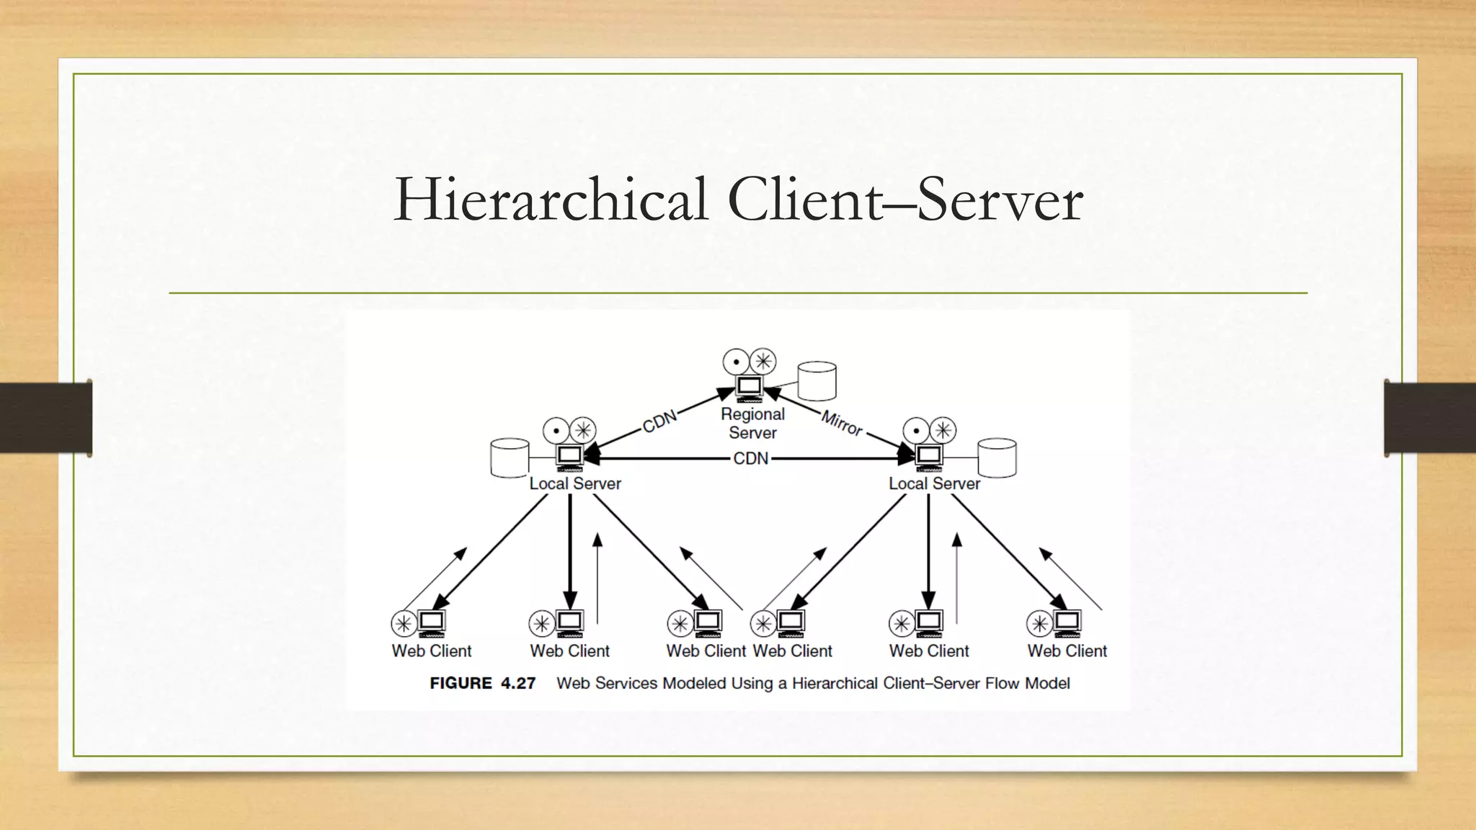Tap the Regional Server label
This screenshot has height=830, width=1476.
(752, 424)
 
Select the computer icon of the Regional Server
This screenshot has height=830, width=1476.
(749, 387)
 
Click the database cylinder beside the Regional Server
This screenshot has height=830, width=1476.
(817, 380)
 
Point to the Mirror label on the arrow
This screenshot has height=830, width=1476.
(842, 423)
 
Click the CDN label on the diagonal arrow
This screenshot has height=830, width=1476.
(659, 421)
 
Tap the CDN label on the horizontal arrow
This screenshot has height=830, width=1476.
(750, 458)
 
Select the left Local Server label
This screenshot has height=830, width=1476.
(575, 483)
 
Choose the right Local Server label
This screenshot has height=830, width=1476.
(934, 483)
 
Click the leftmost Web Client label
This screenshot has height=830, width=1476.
(431, 651)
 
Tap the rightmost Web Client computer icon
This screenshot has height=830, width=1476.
(1067, 622)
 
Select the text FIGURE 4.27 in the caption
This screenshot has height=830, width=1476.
(482, 683)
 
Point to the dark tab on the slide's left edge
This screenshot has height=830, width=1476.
(45, 418)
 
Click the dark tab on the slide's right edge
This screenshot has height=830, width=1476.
(1430, 418)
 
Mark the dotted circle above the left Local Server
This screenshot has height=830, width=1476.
(556, 431)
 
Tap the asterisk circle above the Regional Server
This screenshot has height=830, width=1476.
(763, 361)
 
